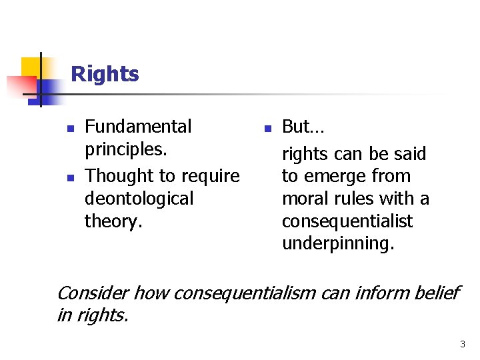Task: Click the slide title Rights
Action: (105, 73)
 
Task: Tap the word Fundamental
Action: (138, 126)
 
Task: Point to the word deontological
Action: (139, 199)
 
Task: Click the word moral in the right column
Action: (303, 199)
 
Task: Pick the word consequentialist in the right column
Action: (347, 221)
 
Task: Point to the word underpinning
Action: (337, 244)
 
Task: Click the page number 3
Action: (463, 344)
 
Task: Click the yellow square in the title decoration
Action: (31, 67)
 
